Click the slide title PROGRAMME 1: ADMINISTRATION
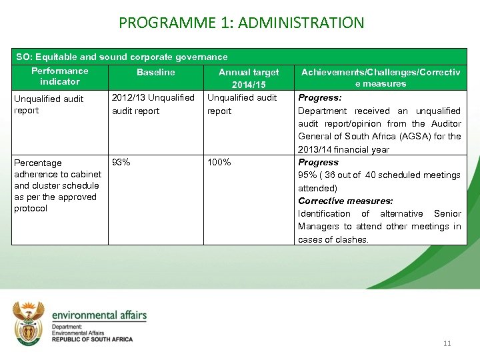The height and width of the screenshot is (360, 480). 241,23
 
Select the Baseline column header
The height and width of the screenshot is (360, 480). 155,72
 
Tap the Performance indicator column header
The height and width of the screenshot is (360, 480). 59,76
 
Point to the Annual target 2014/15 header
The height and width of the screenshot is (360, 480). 249,78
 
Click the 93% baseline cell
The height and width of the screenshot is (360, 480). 121,162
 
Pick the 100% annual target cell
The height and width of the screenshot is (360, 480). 219,162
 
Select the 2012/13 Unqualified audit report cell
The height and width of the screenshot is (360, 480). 153,104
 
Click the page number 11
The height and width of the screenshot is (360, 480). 447,343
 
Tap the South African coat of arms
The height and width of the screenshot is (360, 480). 29,323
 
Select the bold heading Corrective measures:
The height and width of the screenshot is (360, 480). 345,201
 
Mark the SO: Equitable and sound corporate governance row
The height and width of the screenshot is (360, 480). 122,57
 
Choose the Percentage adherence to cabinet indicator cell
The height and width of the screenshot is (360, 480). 57,185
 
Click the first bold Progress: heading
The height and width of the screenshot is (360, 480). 319,98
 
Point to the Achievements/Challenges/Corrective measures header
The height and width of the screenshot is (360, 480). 381,77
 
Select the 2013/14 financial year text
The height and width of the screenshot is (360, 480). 343,149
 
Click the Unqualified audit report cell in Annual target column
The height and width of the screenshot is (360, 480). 242,104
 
